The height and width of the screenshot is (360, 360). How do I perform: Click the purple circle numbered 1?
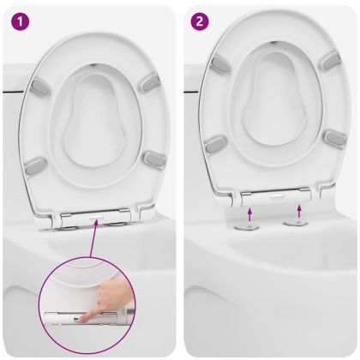tap(20, 21)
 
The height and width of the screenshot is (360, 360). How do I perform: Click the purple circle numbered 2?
tap(200, 21)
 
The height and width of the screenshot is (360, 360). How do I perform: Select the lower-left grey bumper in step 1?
tap(36, 166)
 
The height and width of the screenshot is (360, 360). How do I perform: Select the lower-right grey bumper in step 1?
tap(154, 159)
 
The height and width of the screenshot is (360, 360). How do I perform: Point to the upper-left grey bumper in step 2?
tap(220, 64)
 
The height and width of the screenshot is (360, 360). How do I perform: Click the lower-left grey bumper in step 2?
tap(217, 145)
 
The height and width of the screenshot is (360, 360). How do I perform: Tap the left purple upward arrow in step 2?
tap(249, 214)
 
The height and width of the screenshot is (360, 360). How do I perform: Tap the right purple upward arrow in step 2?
tap(299, 212)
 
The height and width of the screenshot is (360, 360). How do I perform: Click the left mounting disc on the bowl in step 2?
tap(246, 227)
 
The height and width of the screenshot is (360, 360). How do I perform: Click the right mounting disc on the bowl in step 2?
tap(296, 223)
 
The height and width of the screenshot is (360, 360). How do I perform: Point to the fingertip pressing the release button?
tap(82, 319)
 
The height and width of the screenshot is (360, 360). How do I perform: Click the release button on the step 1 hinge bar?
tap(96, 218)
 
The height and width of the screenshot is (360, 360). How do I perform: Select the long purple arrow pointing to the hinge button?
tap(93, 239)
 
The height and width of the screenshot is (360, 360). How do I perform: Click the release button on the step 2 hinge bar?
tap(275, 197)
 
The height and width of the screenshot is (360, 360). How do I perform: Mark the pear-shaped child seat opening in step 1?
tap(93, 120)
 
